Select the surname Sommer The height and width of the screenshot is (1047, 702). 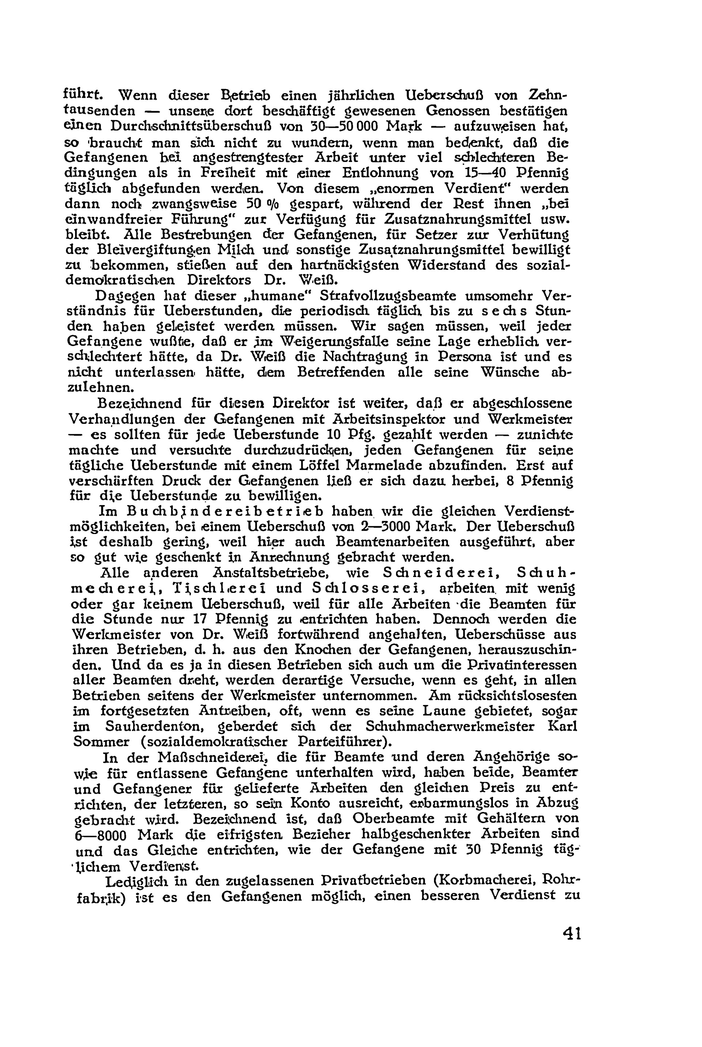point(101,741)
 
